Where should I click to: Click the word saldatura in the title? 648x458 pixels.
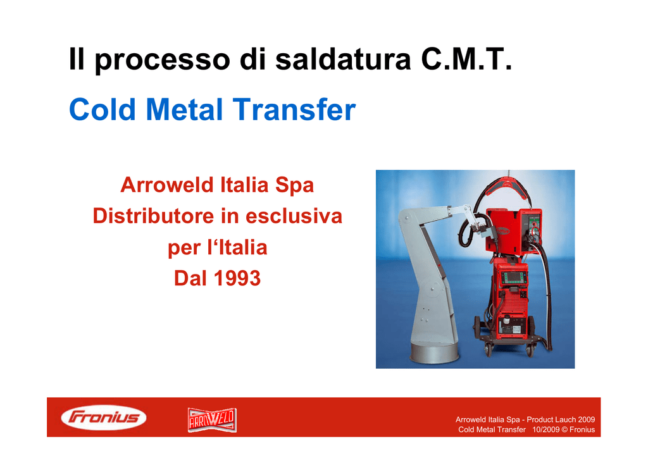[344, 59]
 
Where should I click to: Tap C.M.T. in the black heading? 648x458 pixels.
[466, 59]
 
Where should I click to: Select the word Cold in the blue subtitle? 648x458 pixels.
[103, 109]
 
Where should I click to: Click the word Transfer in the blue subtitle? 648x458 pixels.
[294, 109]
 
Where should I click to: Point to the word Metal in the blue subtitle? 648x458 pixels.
[184, 109]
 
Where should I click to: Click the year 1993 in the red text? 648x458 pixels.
[237, 278]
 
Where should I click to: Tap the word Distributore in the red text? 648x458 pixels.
[153, 216]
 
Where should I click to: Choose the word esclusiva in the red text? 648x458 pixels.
[294, 216]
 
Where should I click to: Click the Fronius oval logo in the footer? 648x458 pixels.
[104, 417]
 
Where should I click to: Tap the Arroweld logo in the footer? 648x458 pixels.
[212, 419]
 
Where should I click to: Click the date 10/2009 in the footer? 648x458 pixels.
[545, 430]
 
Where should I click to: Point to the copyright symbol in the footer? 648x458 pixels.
[564, 430]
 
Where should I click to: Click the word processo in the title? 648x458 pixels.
[163, 60]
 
